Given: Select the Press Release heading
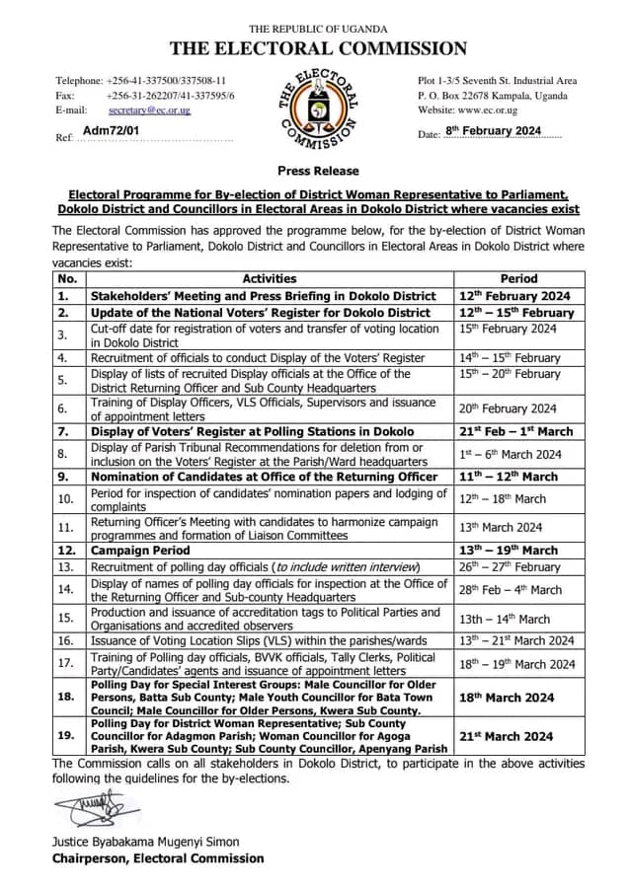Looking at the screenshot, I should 318,171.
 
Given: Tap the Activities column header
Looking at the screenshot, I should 270,279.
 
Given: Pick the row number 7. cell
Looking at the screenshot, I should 68,431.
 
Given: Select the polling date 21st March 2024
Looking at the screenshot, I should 507,736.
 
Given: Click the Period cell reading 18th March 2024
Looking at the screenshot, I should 507,698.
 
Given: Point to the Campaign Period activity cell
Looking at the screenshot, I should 127,550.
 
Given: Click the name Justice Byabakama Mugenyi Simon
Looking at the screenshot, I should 145,842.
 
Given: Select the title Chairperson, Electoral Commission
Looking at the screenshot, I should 158,858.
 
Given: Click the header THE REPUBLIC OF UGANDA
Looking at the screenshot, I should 318,29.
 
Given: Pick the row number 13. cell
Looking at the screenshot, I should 68,566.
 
